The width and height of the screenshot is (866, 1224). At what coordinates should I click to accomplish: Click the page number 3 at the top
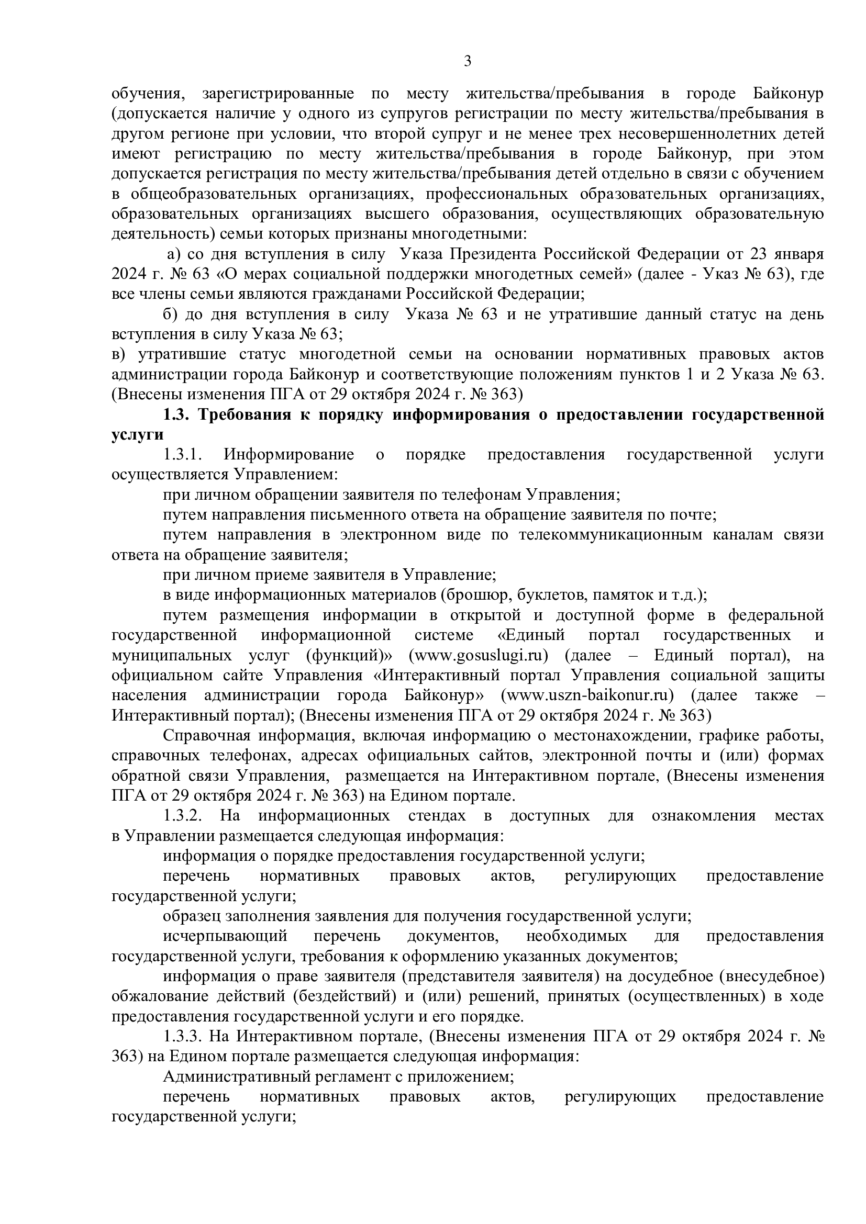pyautogui.click(x=467, y=62)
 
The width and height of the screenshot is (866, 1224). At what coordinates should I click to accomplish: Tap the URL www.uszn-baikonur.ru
pyautogui.click(x=587, y=695)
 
